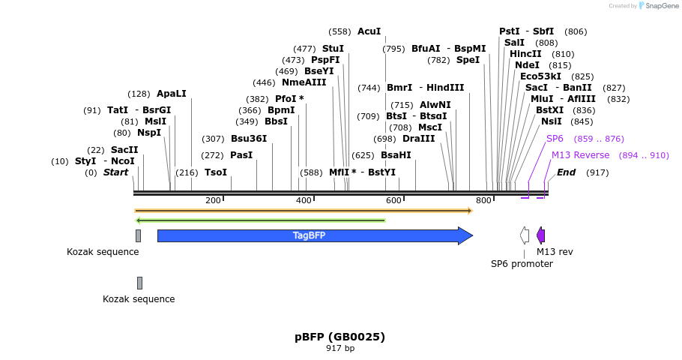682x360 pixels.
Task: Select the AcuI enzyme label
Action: click(369, 31)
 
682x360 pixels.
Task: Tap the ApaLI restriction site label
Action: click(171, 94)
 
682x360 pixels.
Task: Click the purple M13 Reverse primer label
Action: click(580, 155)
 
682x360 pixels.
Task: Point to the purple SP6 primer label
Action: click(555, 139)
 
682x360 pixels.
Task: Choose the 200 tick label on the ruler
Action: click(213, 200)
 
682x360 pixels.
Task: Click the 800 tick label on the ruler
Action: click(483, 200)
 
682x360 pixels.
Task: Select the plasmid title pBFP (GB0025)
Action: click(340, 337)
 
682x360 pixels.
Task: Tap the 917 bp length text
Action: click(340, 348)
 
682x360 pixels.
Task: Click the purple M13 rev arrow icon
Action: click(540, 235)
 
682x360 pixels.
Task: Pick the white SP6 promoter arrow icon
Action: click(525, 235)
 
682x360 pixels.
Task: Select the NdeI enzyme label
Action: click(527, 65)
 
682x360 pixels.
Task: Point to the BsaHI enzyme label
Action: click(396, 155)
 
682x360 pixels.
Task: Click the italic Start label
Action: click(116, 172)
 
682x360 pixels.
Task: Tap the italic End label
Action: click(566, 172)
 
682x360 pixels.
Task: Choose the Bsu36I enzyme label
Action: click(249, 138)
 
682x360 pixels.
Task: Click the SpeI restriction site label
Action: click(468, 60)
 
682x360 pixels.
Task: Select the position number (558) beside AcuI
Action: click(340, 31)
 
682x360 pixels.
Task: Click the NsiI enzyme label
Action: click(551, 121)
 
